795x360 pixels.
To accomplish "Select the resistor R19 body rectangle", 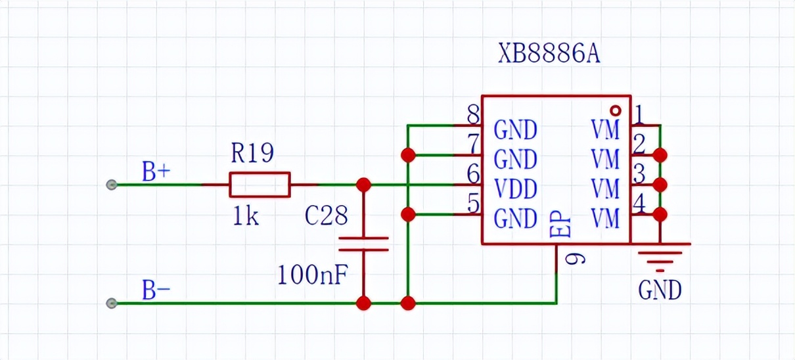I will point(260,185).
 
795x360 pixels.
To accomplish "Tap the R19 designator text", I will point(252,154).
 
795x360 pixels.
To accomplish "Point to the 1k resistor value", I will point(245,216).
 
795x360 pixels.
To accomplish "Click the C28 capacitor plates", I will point(363,244).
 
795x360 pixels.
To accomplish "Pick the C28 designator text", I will point(327,215).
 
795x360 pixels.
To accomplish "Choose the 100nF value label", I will point(312,275).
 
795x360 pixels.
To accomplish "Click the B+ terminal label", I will point(156,171).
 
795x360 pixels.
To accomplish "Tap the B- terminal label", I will point(156,290).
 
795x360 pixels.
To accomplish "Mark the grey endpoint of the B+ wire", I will point(112,185).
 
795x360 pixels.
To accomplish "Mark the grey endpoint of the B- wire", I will point(112,303).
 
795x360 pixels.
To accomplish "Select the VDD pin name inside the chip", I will point(516,189).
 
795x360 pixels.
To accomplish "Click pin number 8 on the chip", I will point(473,116).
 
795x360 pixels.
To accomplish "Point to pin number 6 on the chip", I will point(473,175).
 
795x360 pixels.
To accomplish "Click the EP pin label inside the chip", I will point(562,225).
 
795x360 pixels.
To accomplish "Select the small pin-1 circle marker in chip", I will point(616,110).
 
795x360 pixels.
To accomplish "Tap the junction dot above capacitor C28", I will point(363,185).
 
